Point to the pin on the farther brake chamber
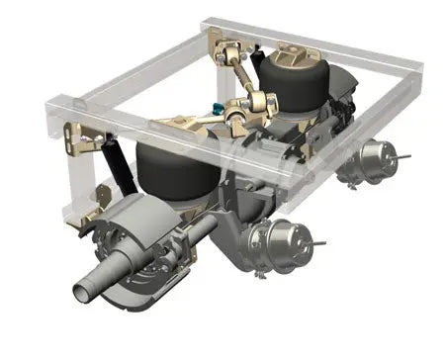pos(402,156)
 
